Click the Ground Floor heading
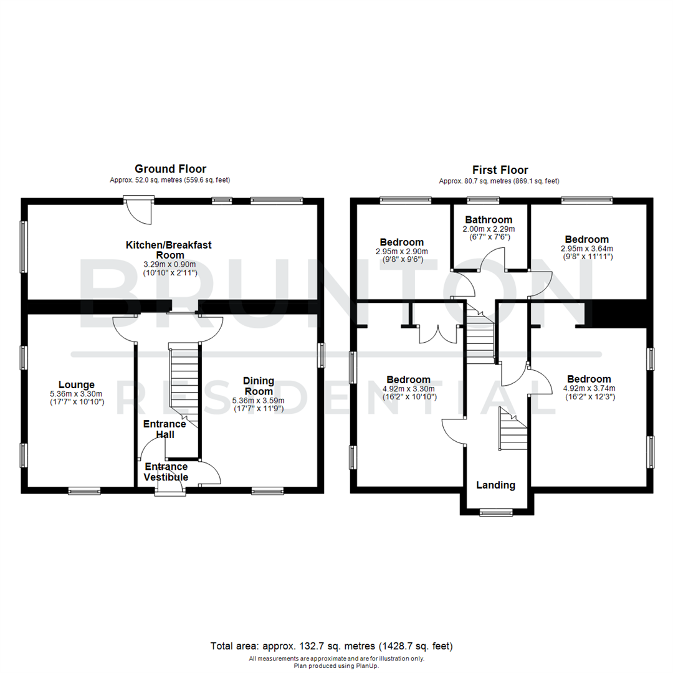point(170,169)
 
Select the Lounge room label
point(77,384)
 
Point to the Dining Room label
point(258,386)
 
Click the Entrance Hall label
point(165,429)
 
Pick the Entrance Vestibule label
point(166,472)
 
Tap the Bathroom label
point(489,219)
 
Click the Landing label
point(496,485)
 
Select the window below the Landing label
point(496,512)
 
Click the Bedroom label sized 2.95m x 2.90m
point(401,242)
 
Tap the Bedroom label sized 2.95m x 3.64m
point(586,239)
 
